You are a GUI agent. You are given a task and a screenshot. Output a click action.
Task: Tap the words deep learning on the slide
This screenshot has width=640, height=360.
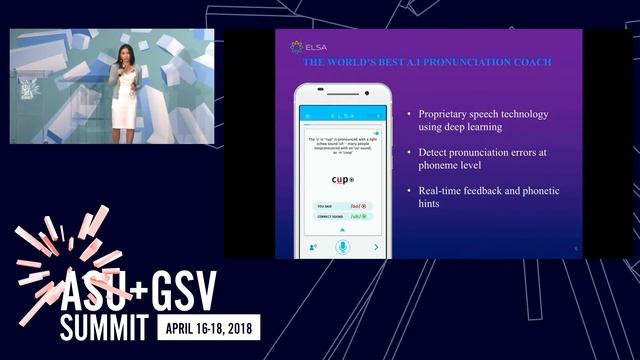471,127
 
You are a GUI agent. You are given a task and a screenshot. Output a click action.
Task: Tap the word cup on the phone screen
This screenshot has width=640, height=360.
341,180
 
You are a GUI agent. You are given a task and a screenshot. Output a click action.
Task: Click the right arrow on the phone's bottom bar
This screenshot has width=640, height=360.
376,246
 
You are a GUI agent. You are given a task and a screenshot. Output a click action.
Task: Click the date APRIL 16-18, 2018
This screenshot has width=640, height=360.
206,327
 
